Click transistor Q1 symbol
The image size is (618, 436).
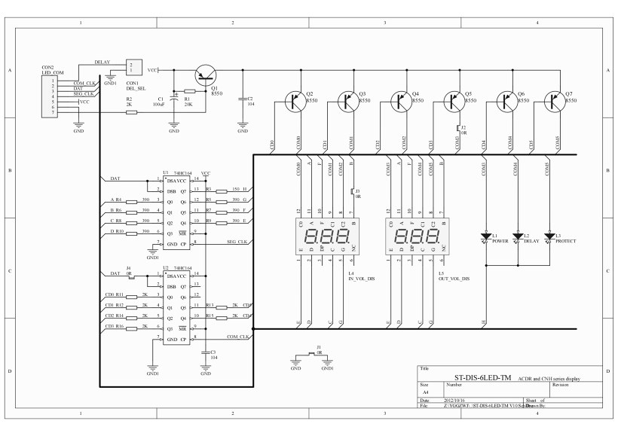[204, 74]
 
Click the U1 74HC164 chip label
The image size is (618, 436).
[179, 172]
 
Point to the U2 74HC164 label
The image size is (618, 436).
[179, 267]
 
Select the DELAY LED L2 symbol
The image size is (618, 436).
[516, 236]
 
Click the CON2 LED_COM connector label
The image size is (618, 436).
[53, 69]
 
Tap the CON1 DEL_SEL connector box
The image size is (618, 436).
[133, 67]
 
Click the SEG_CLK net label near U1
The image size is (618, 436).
[237, 241]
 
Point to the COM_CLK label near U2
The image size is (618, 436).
[237, 336]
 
